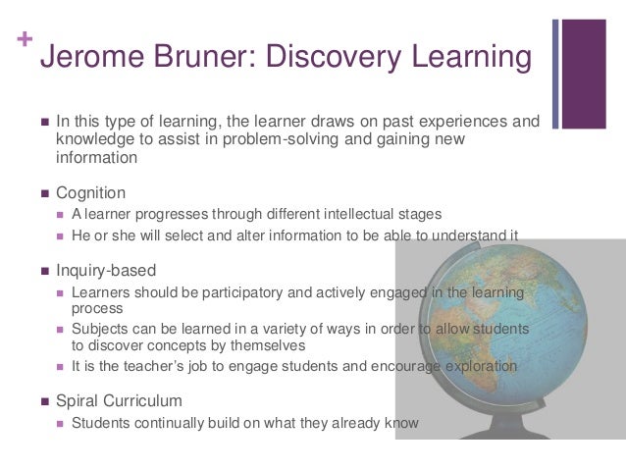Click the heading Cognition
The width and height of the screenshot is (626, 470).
[90, 193]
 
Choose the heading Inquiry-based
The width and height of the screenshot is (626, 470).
[105, 270]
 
